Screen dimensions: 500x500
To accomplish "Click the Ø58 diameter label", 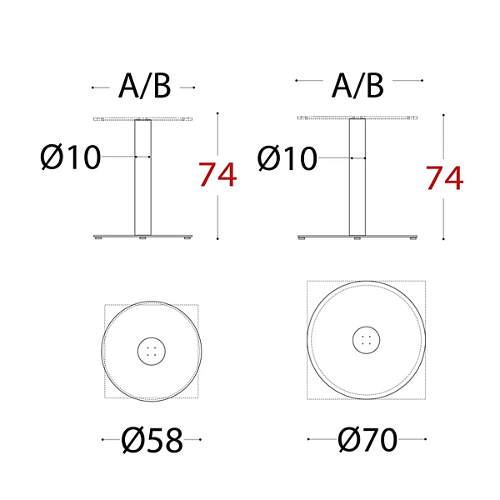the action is (x=152, y=440).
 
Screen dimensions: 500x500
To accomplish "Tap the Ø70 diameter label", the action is (x=367, y=440).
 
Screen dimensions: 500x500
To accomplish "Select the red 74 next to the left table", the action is (x=217, y=174).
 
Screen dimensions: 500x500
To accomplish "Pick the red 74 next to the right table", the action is (x=444, y=178).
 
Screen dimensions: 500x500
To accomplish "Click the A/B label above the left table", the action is (x=145, y=87).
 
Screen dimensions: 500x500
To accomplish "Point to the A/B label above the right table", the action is (x=357, y=86).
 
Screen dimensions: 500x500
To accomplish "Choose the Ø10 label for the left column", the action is (x=71, y=157).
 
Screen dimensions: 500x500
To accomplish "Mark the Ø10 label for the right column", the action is (x=287, y=158).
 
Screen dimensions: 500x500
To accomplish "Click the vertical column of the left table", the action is (x=142, y=177).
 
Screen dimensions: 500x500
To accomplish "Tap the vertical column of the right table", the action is (x=357, y=177).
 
